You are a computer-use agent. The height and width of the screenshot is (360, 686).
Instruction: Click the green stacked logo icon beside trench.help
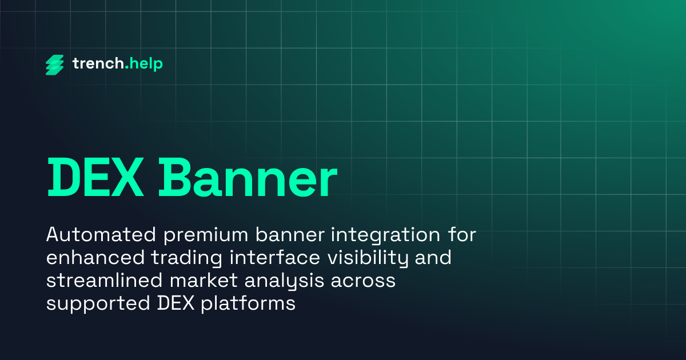(x=55, y=65)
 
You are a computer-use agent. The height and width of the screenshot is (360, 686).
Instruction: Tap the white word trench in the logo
(x=97, y=64)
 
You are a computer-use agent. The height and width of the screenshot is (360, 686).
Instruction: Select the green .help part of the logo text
(x=143, y=64)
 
